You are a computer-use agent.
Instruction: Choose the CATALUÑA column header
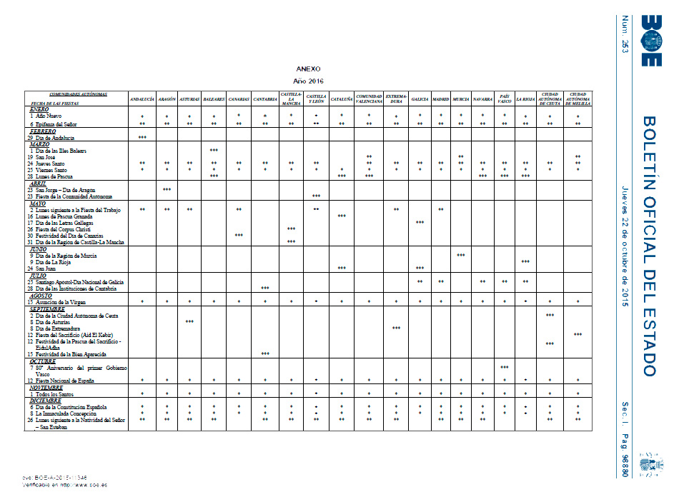(341, 99)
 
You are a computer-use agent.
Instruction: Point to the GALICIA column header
(420, 99)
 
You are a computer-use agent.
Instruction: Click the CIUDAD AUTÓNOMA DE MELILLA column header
(578, 99)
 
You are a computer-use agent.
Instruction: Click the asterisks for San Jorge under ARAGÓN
(167, 189)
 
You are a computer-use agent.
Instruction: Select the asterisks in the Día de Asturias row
(189, 321)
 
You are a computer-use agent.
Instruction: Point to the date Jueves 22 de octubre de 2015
(626, 246)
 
